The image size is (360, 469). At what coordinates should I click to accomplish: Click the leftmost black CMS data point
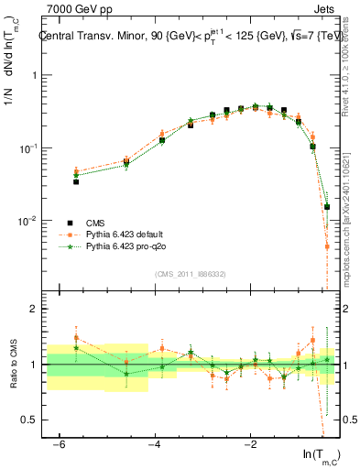(76, 181)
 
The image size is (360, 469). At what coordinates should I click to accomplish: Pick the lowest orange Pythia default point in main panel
(327, 246)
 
